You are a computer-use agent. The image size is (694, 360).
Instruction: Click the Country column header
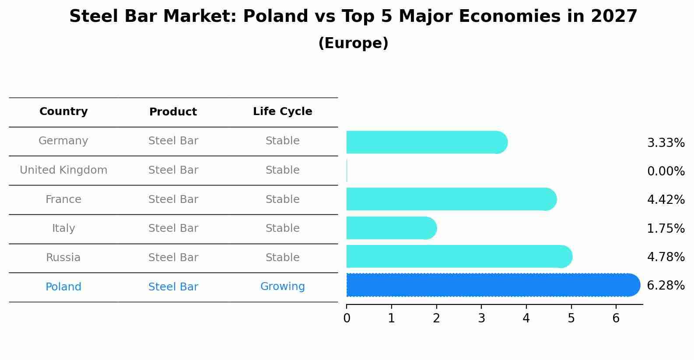pos(63,112)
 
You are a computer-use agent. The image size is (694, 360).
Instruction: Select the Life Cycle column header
pos(282,112)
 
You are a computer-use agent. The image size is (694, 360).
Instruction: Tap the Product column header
pos(173,112)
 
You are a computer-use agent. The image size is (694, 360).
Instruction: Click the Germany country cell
pos(63,141)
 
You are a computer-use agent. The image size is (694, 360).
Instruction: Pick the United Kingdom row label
pos(63,170)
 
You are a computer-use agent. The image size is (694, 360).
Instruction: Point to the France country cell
pos(63,199)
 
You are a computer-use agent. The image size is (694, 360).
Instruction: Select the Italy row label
pos(63,228)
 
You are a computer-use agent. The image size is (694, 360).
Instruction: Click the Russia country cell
pos(63,258)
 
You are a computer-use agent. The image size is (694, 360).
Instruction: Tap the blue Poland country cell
pos(63,287)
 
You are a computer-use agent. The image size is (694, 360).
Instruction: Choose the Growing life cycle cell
pos(282,287)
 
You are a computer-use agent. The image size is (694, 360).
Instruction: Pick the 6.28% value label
pos(665,286)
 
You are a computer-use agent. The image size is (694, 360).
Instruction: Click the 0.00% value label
pos(665,171)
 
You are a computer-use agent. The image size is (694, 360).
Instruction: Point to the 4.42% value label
pos(665,200)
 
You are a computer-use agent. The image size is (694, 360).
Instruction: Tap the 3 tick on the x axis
pos(481,318)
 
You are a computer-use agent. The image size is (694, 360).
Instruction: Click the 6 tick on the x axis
pos(616,318)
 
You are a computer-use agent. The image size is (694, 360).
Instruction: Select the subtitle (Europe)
pos(353,43)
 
